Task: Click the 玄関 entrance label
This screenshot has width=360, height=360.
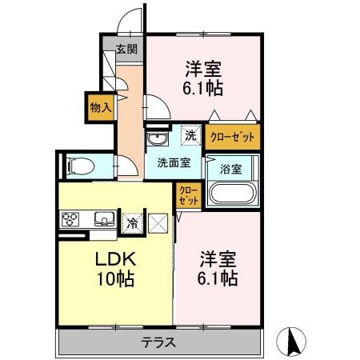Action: point(126,50)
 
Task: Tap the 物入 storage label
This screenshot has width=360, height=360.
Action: point(100,107)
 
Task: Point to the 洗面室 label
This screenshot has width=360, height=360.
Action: point(173,162)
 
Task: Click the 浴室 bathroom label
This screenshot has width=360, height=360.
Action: point(231,169)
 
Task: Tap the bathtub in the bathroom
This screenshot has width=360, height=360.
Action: point(230,195)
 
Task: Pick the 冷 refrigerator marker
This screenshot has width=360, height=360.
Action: point(132,222)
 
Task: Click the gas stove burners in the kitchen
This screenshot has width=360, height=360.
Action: point(70,219)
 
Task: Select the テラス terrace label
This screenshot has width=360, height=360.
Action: point(159,343)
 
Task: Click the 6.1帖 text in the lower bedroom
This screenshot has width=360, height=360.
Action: point(216,278)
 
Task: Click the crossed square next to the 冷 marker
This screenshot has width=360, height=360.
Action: point(158,222)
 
